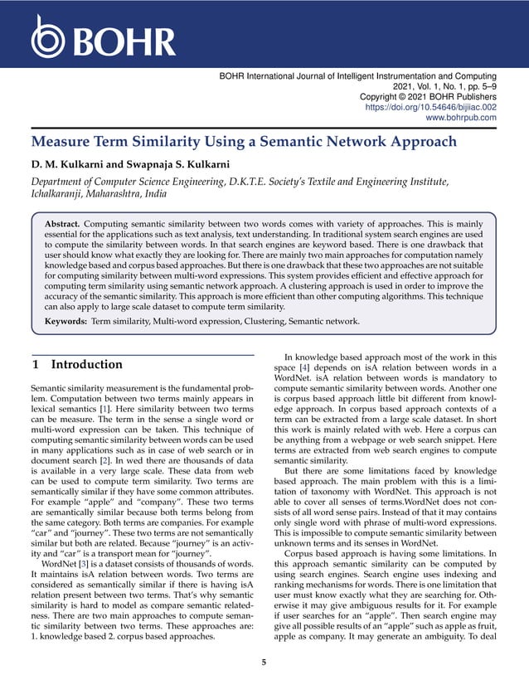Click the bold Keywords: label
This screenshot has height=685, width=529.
point(66,320)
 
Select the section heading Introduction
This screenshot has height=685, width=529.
point(86,364)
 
